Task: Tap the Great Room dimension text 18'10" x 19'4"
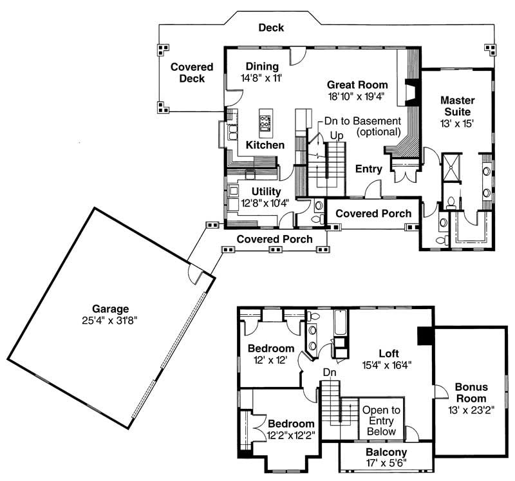[x=357, y=96]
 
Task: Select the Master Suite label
[x=458, y=106]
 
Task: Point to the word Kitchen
[x=265, y=146]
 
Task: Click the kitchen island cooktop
[x=265, y=120]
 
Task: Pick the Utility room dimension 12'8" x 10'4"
[x=264, y=202]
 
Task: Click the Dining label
[x=262, y=66]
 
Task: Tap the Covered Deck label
[x=188, y=72]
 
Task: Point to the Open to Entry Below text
[x=380, y=420]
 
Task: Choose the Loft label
[x=388, y=354]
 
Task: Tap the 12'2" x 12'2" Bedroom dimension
[x=291, y=435]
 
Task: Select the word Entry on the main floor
[x=368, y=169]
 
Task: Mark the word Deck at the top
[x=271, y=28]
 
